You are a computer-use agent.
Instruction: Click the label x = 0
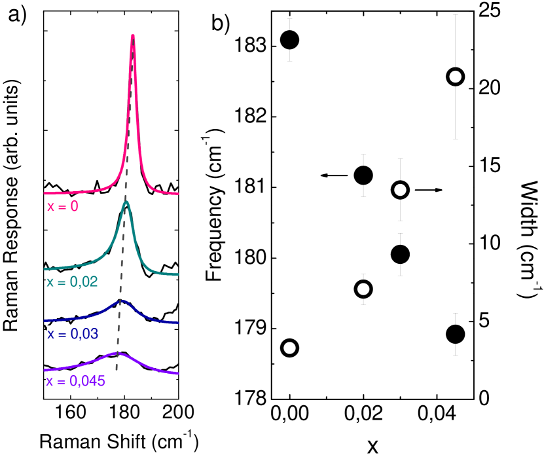[x=63, y=206]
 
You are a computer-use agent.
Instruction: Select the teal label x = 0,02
[x=72, y=282]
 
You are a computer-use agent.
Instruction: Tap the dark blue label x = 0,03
[x=73, y=334]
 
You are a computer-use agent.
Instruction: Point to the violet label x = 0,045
[x=75, y=380]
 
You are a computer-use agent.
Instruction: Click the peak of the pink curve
[x=133, y=36]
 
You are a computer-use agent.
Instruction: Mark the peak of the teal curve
[x=126, y=202]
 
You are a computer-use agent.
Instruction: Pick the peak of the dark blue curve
[x=121, y=301]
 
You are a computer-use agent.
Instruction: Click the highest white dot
[x=456, y=77]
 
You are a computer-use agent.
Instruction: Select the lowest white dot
[x=289, y=348]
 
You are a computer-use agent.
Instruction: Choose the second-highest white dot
[x=400, y=190]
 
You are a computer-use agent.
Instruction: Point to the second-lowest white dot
[x=363, y=289]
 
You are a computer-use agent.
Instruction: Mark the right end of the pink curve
[x=178, y=194]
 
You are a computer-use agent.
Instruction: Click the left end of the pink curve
[x=45, y=193]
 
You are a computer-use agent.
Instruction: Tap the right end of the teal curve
[x=178, y=274]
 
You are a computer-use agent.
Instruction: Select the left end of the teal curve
[x=45, y=269]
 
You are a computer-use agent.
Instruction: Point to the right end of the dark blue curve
[x=178, y=322]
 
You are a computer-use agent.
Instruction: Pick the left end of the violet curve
[x=45, y=371]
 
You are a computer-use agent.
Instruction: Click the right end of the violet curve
[x=178, y=374]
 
